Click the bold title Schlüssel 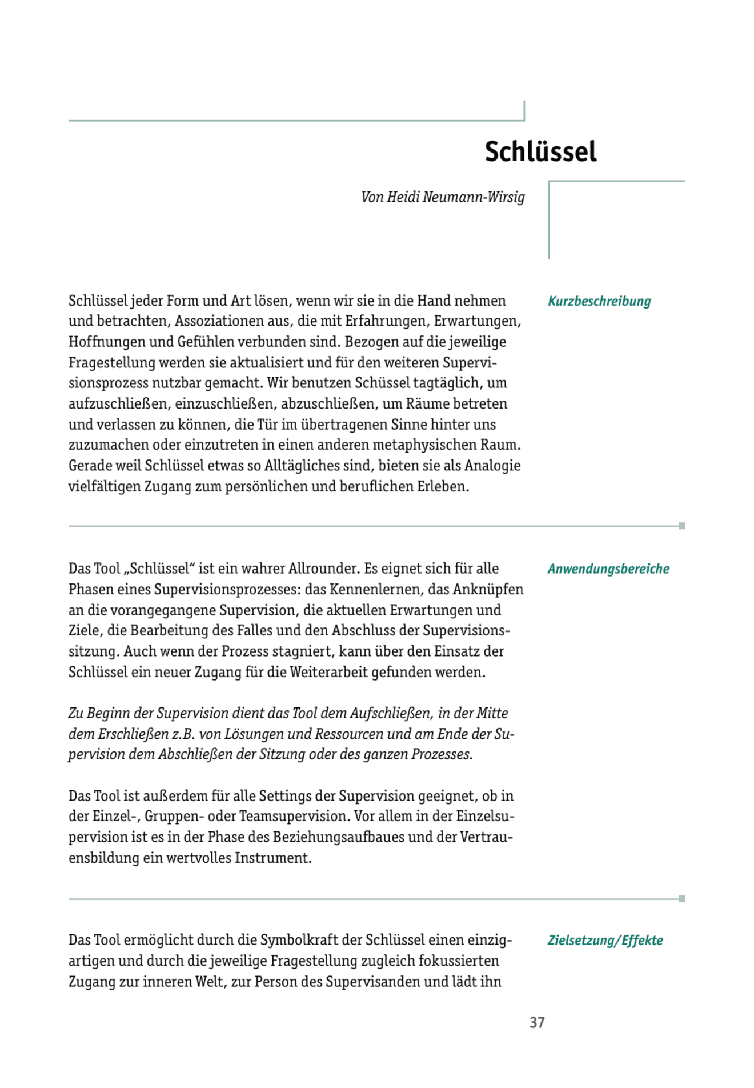click(540, 152)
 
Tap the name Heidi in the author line click(403, 197)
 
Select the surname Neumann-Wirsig click(474, 197)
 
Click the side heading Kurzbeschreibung click(599, 301)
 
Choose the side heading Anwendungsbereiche click(608, 569)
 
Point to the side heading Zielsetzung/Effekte click(605, 940)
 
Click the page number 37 click(537, 1022)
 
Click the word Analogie click(492, 465)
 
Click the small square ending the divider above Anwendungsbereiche click(682, 526)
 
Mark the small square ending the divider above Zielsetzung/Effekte click(682, 899)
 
